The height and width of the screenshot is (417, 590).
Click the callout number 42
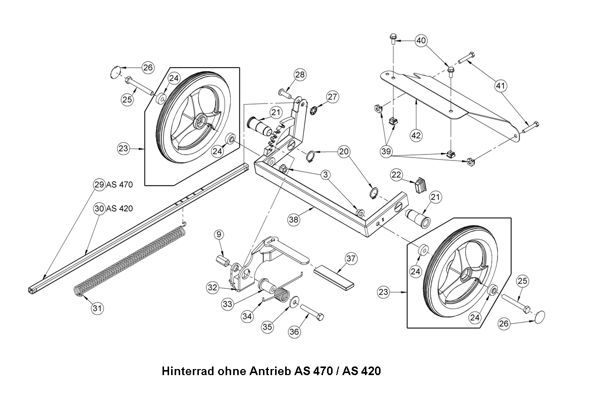coord(416,135)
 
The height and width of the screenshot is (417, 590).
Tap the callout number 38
coord(294,220)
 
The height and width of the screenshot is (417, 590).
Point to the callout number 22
coord(397,175)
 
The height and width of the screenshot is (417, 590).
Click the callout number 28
coord(300,75)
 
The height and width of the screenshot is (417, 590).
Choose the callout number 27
coord(332,96)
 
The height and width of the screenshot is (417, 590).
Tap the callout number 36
coord(294,332)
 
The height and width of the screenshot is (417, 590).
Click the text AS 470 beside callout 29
coord(119,185)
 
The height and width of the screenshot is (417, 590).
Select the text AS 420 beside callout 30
coord(120,208)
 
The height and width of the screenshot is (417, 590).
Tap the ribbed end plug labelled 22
coord(419,184)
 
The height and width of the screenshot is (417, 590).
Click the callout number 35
coord(268,327)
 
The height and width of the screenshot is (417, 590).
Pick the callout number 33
coord(228,304)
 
